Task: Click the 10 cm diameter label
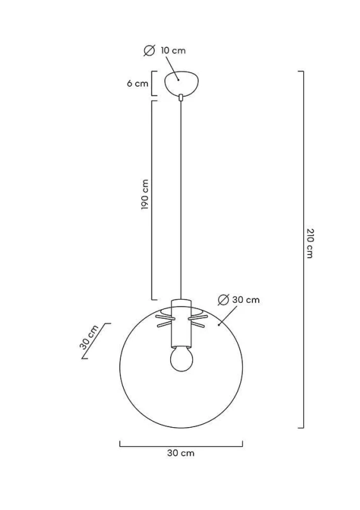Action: (x=173, y=51)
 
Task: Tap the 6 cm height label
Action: (x=137, y=84)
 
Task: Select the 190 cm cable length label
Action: (x=145, y=194)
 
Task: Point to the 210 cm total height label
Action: (x=310, y=244)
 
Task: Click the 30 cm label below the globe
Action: (x=181, y=453)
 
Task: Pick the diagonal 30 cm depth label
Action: (x=89, y=337)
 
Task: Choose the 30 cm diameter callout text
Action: (x=246, y=300)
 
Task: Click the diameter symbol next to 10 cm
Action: (x=149, y=51)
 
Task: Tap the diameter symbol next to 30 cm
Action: (x=224, y=300)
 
